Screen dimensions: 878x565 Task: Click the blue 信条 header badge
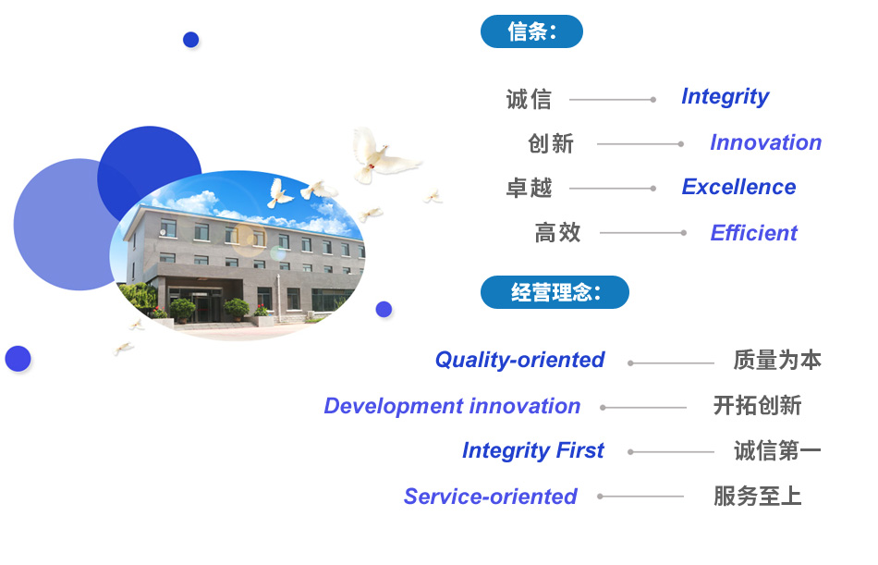pos(531,31)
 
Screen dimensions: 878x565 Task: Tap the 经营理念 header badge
pos(555,292)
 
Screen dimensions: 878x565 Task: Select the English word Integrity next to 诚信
pos(726,97)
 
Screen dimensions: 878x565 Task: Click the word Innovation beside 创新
pos(765,142)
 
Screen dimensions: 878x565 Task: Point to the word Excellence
pos(738,187)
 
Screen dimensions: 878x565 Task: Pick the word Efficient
pos(753,233)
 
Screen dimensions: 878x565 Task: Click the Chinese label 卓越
pos(530,188)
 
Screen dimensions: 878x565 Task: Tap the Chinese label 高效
pos(557,233)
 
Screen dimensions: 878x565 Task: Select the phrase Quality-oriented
pos(519,360)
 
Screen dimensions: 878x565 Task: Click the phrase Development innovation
pos(452,406)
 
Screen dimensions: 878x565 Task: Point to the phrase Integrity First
pos(533,450)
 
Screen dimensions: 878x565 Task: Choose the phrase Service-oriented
pos(490,497)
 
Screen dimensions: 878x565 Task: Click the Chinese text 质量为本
pos(777,360)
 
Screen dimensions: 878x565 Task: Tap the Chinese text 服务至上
pos(757,496)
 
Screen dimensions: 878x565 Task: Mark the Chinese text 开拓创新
pos(757,405)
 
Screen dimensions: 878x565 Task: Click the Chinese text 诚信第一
pos(777,450)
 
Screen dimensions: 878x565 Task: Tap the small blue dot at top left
pos(191,40)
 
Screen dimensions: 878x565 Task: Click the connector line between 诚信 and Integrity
pos(613,100)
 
